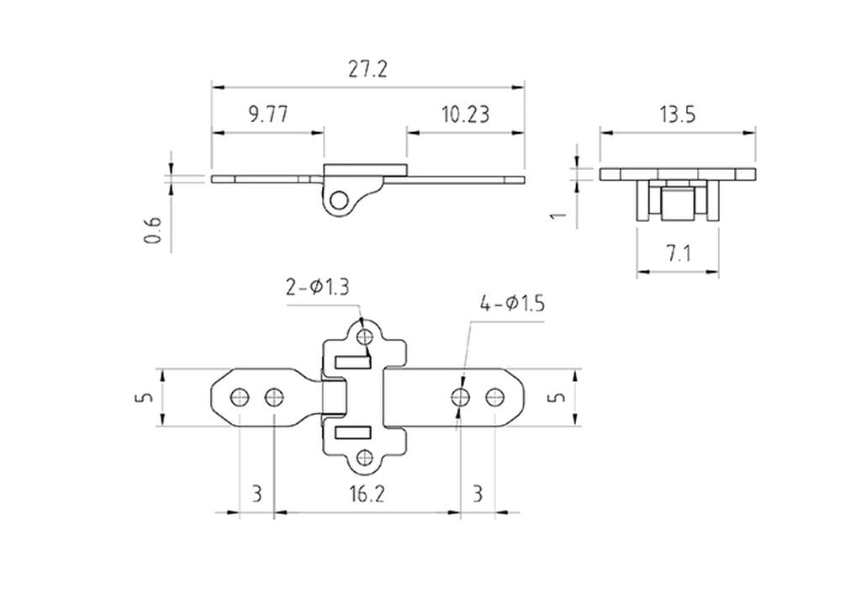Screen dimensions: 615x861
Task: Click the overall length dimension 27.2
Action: pos(367,69)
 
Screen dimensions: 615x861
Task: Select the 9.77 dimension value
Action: pos(267,114)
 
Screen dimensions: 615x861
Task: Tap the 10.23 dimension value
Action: pos(465,114)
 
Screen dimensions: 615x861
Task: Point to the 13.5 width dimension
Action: pos(677,114)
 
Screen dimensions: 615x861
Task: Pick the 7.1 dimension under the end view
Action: pos(679,253)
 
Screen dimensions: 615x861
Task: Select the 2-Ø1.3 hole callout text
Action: pos(318,288)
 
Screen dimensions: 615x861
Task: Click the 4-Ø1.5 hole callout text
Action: pos(512,303)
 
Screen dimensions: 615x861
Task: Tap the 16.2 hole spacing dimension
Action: pos(367,494)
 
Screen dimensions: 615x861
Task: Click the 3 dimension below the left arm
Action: pos(257,494)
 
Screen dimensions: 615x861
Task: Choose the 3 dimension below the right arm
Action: pos(478,494)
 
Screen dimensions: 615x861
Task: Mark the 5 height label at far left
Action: pos(145,397)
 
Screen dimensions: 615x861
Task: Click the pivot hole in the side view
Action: pos(339,200)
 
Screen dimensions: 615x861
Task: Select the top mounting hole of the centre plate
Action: pos(364,337)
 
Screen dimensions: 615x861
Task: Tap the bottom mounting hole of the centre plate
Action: pos(364,458)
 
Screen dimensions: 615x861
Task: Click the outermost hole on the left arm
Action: pos(239,396)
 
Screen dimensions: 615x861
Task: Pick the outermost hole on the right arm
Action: pos(494,396)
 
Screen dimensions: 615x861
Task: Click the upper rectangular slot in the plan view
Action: pos(352,362)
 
